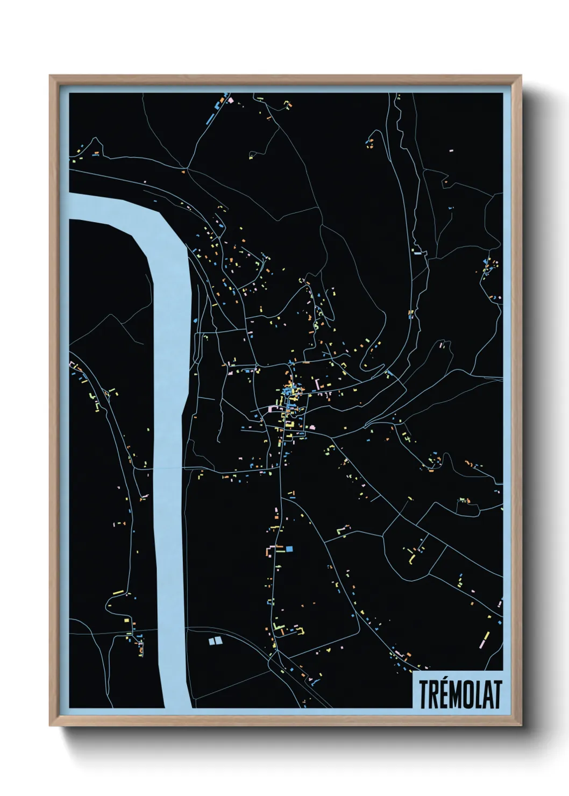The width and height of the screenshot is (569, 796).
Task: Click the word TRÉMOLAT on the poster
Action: coord(459,694)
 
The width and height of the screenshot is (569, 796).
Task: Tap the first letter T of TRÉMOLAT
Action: coord(423,695)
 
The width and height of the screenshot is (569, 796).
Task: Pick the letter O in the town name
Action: coord(466,695)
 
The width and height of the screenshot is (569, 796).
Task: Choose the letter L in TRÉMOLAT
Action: coord(476,695)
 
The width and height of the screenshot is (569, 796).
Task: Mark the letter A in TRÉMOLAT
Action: coord(485,695)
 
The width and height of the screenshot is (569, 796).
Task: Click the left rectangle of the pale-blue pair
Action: coord(212,641)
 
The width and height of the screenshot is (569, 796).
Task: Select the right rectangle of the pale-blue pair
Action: coord(218,641)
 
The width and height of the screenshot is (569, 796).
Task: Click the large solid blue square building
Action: coord(289,549)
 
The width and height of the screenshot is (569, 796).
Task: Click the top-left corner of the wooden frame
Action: coord(51,77)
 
